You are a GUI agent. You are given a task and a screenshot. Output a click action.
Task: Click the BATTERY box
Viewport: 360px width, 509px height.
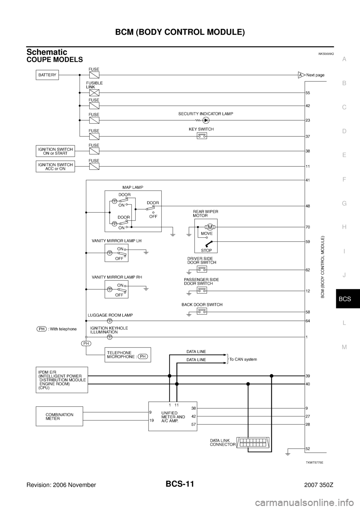click(x=47, y=75)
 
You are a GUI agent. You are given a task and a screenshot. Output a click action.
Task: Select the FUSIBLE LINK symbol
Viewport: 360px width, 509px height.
click(x=94, y=93)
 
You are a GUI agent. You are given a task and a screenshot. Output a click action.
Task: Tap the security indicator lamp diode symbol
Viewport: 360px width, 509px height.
click(x=205, y=120)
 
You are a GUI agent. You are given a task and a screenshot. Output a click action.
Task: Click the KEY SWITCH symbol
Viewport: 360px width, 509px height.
click(x=202, y=136)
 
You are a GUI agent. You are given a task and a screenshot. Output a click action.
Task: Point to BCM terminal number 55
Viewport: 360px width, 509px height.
click(x=307, y=93)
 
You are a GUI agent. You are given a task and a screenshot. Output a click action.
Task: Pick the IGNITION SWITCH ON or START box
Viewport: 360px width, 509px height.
click(x=55, y=151)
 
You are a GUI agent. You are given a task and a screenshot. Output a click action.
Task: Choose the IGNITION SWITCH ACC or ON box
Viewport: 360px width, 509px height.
click(x=55, y=166)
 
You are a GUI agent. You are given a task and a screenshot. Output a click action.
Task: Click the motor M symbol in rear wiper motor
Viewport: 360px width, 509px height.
click(x=210, y=227)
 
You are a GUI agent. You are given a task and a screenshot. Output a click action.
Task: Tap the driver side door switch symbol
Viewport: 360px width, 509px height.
click(x=202, y=269)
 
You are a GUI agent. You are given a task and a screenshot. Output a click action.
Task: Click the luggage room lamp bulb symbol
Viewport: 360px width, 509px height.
click(x=109, y=321)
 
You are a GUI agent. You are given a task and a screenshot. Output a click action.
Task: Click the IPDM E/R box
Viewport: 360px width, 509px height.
click(x=62, y=379)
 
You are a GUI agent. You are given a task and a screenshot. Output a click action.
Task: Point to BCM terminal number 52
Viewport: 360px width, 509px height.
click(x=307, y=449)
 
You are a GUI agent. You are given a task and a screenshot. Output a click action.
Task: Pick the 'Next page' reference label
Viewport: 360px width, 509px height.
click(x=315, y=75)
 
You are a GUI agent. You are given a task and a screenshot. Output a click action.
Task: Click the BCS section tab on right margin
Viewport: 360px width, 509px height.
click(x=344, y=299)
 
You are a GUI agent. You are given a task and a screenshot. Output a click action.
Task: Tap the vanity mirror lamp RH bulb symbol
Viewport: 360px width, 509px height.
click(x=109, y=289)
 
